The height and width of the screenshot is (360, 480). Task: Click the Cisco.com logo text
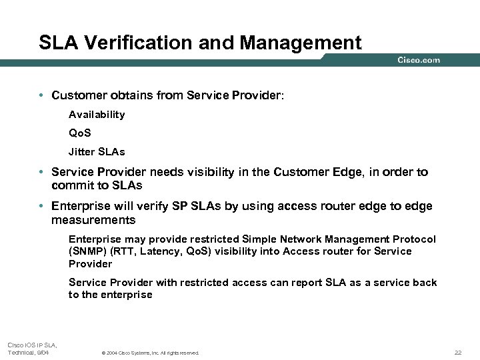click(x=419, y=60)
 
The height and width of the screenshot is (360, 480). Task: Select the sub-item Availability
click(x=97, y=115)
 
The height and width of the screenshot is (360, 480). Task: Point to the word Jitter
click(x=82, y=151)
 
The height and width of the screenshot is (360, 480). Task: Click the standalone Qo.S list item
click(x=80, y=133)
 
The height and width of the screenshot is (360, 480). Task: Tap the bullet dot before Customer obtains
click(x=42, y=96)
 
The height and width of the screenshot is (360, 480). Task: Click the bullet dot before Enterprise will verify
click(x=42, y=207)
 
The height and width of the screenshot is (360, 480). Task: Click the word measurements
click(x=93, y=220)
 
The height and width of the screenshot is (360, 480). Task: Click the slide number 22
click(x=457, y=352)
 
